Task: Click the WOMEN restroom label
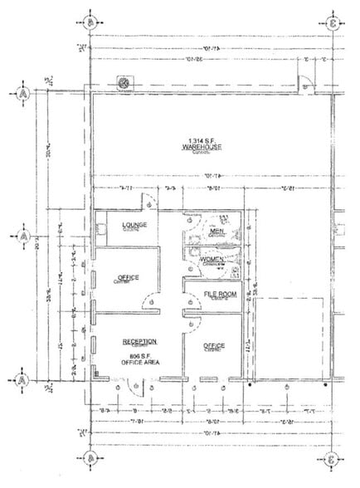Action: tap(212, 261)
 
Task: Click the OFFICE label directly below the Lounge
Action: tap(129, 277)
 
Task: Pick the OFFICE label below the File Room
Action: tap(215, 345)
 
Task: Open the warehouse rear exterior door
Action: tap(304, 83)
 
